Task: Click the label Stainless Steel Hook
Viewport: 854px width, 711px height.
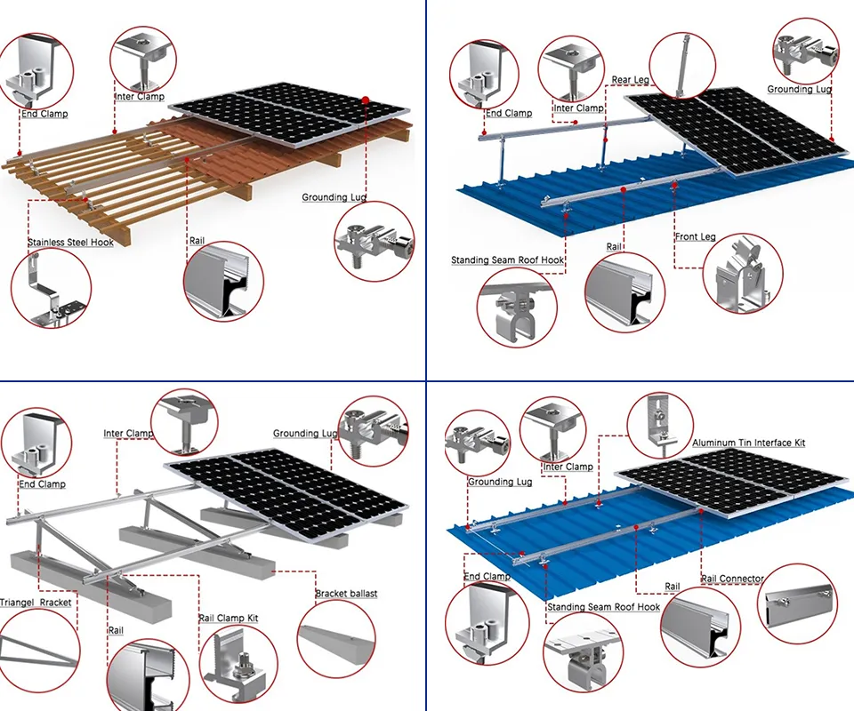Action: pyautogui.click(x=70, y=242)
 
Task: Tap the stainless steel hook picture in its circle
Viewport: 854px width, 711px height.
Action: pyautogui.click(x=52, y=288)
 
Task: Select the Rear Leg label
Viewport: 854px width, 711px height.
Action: pyautogui.click(x=630, y=80)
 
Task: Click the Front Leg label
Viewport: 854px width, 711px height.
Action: pyautogui.click(x=695, y=237)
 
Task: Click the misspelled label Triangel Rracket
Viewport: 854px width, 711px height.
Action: pyautogui.click(x=36, y=603)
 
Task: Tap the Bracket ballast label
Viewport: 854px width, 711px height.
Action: pyautogui.click(x=346, y=594)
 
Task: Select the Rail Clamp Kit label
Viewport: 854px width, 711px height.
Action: pyautogui.click(x=228, y=618)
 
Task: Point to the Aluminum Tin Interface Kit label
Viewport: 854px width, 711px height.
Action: pyautogui.click(x=748, y=443)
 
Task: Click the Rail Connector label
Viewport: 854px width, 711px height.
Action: pyautogui.click(x=732, y=579)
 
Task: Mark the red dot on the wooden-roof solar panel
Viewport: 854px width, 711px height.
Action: pyautogui.click(x=366, y=100)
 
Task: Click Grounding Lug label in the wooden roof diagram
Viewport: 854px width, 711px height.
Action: pyautogui.click(x=334, y=197)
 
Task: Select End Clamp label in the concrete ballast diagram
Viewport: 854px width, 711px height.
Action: pyautogui.click(x=42, y=484)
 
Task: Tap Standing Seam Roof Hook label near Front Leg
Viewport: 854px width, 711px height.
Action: pyautogui.click(x=507, y=260)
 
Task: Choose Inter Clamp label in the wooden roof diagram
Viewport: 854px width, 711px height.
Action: pyautogui.click(x=139, y=96)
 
